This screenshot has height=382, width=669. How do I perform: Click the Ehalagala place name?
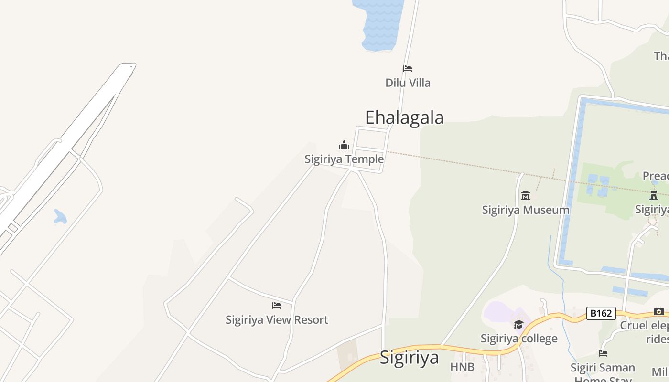404,117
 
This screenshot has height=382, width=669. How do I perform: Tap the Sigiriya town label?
409,357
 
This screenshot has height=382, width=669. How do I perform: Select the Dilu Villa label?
408,83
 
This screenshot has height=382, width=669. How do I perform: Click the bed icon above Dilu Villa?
408,69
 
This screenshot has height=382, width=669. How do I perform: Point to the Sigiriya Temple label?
344,159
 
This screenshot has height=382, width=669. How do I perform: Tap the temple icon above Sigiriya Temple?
344,145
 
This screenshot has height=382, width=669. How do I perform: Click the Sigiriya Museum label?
526,210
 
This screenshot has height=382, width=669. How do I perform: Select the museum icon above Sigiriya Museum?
526,195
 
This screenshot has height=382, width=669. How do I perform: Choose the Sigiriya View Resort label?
277,319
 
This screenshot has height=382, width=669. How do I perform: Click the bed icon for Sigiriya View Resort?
277,306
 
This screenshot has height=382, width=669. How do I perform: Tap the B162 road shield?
601,313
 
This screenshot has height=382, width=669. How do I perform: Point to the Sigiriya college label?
519,339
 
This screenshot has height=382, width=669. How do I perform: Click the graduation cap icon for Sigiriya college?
519,325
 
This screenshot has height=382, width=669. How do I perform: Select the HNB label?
462,367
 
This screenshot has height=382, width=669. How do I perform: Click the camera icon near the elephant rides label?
659,312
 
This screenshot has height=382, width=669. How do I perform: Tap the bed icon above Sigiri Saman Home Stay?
603,353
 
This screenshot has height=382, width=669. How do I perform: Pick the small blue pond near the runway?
60,217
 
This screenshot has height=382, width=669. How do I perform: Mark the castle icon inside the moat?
654,195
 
